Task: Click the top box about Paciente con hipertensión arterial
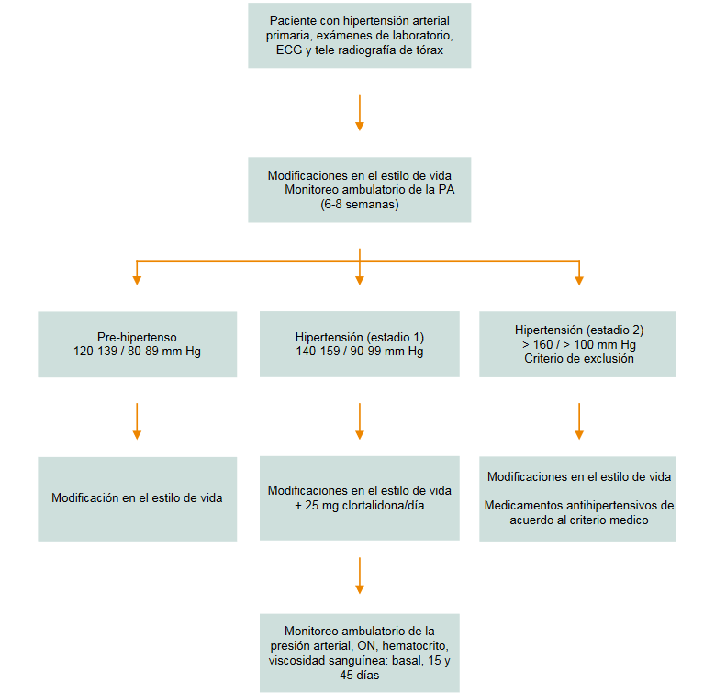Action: pos(359,35)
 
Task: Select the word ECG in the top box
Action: pos(290,50)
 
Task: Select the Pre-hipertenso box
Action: pos(137,344)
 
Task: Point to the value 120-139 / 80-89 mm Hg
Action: pos(137,352)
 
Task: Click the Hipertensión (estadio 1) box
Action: pos(359,344)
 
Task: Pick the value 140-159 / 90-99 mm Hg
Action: pos(359,352)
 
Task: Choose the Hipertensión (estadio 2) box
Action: pos(577,344)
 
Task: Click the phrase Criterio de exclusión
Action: pos(577,359)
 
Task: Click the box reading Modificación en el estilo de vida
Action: pos(137,498)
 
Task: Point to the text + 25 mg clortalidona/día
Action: pos(359,506)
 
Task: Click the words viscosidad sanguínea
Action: pos(318,660)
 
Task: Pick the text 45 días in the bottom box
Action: pos(360,675)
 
